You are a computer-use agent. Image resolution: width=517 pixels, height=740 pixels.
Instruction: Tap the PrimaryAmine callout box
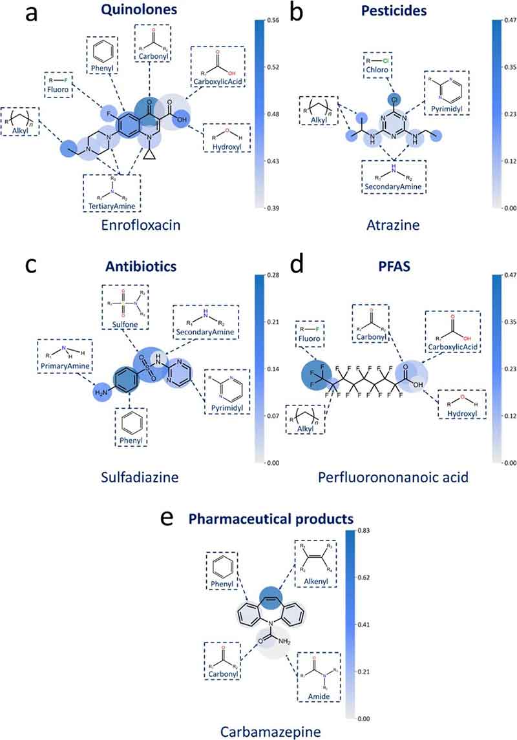[x=63, y=358]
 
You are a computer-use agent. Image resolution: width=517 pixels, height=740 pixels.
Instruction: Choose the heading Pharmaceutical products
[x=266, y=518]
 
